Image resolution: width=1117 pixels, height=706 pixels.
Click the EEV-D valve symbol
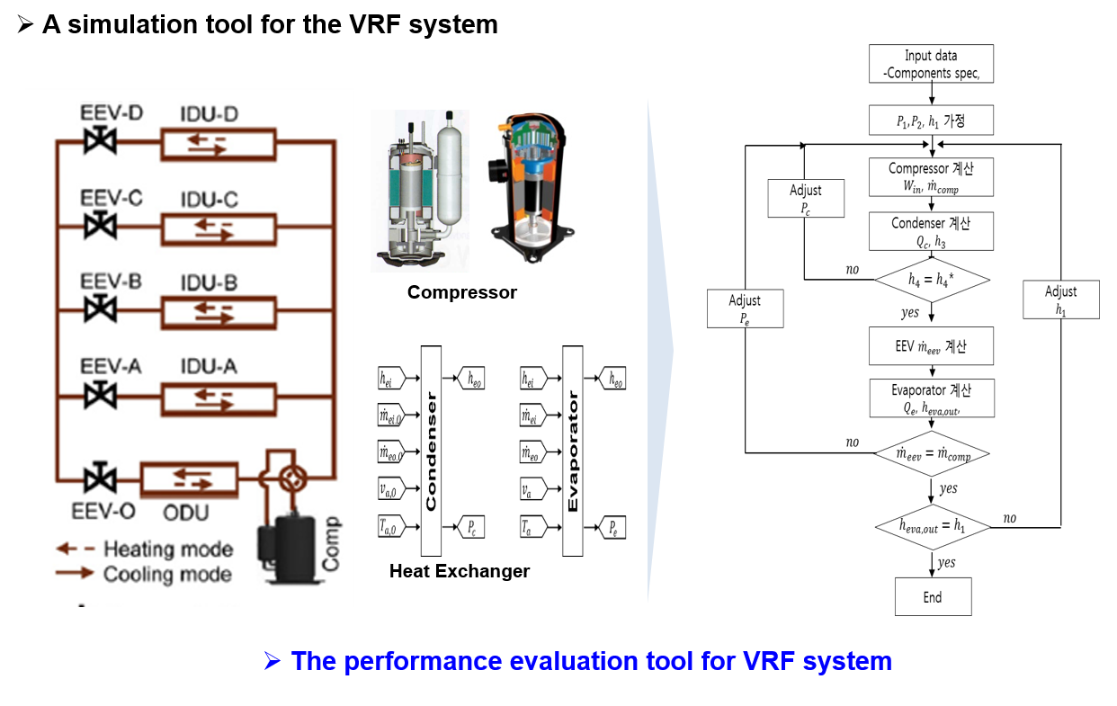click(x=94, y=142)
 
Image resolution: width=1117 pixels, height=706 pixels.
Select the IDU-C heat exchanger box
click(x=218, y=228)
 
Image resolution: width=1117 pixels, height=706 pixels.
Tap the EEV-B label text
click(x=111, y=282)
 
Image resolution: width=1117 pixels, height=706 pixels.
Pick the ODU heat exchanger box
click(x=190, y=478)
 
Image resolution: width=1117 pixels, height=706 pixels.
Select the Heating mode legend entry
click(x=144, y=549)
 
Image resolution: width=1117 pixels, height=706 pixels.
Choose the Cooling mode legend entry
click(x=144, y=574)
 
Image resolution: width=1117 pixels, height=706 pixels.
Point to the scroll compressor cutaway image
click(x=531, y=187)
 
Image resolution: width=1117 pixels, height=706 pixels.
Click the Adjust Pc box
click(x=806, y=198)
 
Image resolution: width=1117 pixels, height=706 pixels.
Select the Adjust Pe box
click(x=745, y=308)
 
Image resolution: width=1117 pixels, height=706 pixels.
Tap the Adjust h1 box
click(x=1061, y=299)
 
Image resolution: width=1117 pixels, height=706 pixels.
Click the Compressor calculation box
click(x=931, y=177)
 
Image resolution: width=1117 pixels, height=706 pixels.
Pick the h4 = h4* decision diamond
click(x=932, y=280)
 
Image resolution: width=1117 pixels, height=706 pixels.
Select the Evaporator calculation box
click(x=931, y=398)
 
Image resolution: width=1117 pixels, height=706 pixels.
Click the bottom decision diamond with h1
click(x=933, y=527)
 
